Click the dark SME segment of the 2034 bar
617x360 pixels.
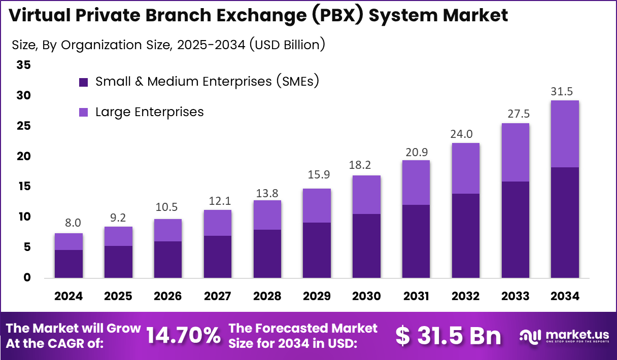point(565,222)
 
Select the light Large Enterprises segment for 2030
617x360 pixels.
point(366,195)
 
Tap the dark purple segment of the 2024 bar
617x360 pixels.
point(68,264)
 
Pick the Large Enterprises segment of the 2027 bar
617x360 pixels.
point(217,223)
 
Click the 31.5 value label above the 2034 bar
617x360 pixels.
point(565,92)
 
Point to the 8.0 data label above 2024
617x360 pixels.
point(68,223)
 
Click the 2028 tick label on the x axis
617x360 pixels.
point(267,296)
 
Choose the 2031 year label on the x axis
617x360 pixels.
point(416,296)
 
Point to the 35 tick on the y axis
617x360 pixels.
point(23,65)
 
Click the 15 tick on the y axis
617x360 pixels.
point(23,187)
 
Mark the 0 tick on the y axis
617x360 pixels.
point(27,278)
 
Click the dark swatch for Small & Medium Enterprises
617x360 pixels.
point(84,82)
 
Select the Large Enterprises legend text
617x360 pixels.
point(150,112)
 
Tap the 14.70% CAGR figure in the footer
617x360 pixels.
point(184,335)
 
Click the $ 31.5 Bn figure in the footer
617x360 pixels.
point(448,336)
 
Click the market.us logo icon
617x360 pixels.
point(531,335)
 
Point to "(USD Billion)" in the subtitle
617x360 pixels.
point(287,45)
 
